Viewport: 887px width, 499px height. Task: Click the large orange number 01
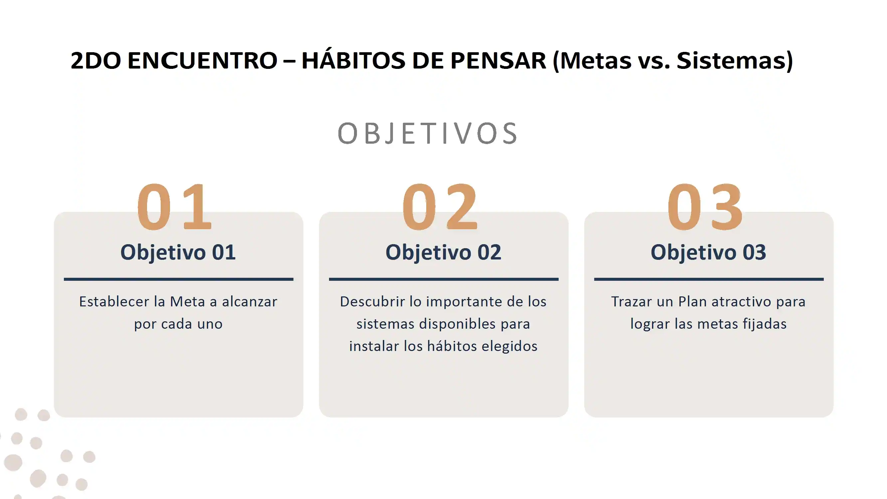(x=174, y=206)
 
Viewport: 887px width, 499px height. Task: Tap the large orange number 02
(x=440, y=206)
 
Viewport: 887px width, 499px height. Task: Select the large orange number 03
(x=705, y=206)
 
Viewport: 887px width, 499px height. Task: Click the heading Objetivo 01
(x=178, y=252)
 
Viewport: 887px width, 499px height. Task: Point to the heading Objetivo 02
(x=443, y=252)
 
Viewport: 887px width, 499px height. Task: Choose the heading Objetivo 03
(x=708, y=252)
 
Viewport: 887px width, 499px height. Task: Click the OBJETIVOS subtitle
(x=427, y=133)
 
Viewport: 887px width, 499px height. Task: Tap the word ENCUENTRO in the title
(x=203, y=61)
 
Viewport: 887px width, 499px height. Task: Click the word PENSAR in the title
(x=498, y=61)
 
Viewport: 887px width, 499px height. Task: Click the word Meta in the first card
(x=187, y=302)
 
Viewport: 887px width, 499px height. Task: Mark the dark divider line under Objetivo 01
(x=178, y=279)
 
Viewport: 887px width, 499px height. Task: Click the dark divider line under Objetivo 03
(x=709, y=279)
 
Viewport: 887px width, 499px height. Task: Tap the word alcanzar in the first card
(x=249, y=302)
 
